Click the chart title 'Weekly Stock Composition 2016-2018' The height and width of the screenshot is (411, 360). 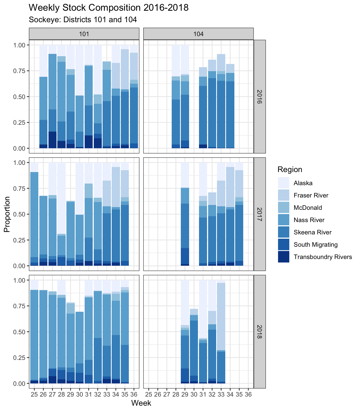[x=108, y=8]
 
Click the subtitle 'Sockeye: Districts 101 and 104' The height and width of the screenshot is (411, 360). [x=83, y=20]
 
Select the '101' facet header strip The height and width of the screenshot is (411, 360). [x=84, y=34]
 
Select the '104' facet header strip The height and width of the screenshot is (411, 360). [x=198, y=34]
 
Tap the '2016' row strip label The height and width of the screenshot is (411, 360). [x=260, y=97]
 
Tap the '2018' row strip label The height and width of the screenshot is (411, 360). [x=260, y=332]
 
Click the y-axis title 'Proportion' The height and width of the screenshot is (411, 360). [x=7, y=214]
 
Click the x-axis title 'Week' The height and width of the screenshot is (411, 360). [x=141, y=403]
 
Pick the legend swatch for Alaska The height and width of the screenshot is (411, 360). [x=284, y=183]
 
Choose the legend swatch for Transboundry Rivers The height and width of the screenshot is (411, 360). [x=284, y=257]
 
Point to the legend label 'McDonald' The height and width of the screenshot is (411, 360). [x=308, y=208]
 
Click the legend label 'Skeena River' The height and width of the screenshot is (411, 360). [x=313, y=232]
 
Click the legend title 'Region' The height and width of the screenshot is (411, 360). [x=290, y=170]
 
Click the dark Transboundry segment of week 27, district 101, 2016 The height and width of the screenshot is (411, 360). [x=52, y=140]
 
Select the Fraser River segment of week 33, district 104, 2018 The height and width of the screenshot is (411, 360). [x=221, y=316]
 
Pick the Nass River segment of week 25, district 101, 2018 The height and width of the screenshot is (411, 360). [x=34, y=335]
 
